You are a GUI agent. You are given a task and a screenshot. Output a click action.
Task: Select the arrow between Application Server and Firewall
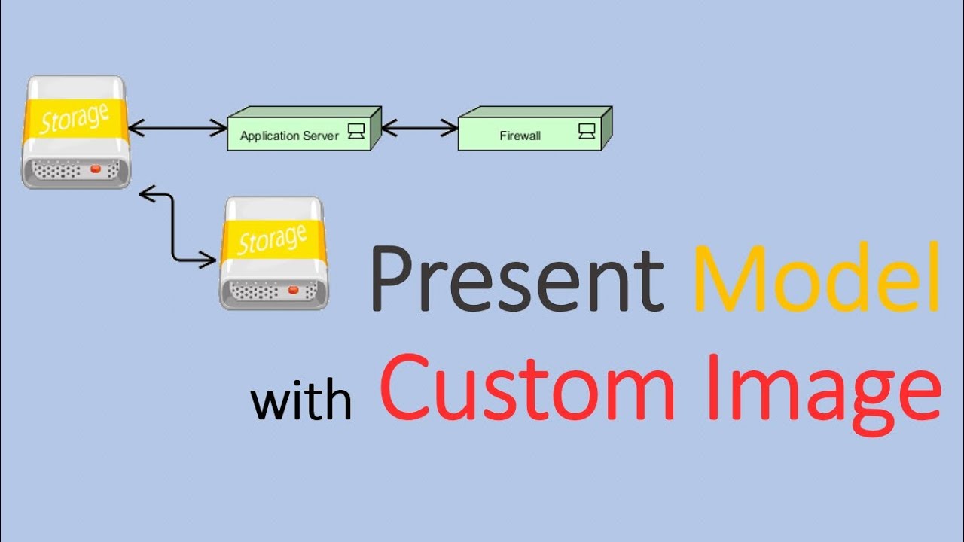pos(419,129)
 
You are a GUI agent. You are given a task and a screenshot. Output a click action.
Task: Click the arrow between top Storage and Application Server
pos(178,129)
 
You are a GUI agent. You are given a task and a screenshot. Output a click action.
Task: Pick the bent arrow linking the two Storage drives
pos(173,226)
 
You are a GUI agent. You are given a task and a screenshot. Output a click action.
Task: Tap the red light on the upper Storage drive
pos(95,169)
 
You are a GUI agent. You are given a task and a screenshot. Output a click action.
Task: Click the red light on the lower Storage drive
pos(293,291)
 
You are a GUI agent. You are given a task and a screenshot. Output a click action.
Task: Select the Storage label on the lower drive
pos(272,240)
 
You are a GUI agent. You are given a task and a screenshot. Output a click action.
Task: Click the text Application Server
pos(289,136)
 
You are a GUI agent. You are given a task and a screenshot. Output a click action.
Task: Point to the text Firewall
pos(520,136)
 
